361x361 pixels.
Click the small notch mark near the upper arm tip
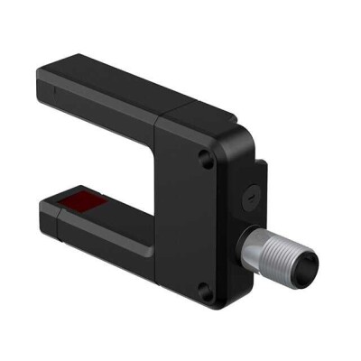[54, 89]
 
